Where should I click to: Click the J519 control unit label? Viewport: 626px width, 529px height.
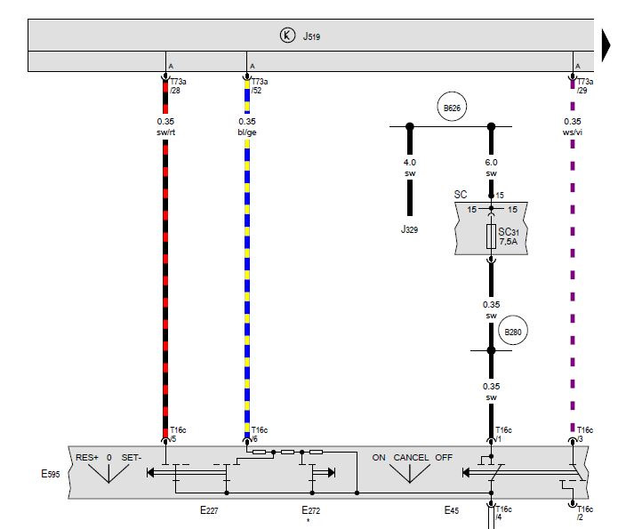click(311, 36)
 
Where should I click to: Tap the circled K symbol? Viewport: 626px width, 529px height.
click(286, 36)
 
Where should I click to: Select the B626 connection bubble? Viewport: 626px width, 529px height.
click(451, 109)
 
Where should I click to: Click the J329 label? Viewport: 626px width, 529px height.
click(410, 229)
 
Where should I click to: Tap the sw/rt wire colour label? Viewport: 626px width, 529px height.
click(165, 132)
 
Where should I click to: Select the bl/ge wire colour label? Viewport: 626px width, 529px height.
click(246, 132)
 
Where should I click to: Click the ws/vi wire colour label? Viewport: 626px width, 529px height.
click(573, 132)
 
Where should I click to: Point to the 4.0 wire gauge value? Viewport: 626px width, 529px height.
click(410, 163)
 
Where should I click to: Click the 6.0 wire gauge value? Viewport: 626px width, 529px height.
click(491, 163)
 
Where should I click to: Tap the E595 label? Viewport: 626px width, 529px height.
click(48, 474)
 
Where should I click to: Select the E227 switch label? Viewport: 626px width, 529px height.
click(210, 511)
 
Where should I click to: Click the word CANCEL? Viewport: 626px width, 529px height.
click(411, 458)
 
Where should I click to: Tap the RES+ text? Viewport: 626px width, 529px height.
click(87, 458)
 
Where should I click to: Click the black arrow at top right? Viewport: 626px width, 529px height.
click(611, 44)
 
